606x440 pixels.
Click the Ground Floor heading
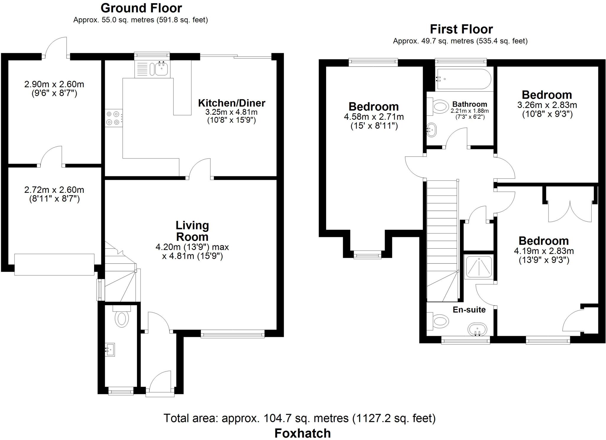(x=141, y=8)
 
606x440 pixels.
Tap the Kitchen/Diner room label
(x=231, y=103)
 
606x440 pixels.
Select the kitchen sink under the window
(x=161, y=68)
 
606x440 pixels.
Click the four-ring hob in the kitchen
(x=113, y=118)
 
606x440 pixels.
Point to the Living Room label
(x=192, y=231)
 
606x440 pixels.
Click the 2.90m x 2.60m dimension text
(x=54, y=84)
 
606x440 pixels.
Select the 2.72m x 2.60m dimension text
(x=54, y=190)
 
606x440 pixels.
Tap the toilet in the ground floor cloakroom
(x=122, y=318)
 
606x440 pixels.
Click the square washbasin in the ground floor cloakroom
(x=110, y=350)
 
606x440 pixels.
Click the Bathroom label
(x=470, y=104)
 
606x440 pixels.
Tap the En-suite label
(x=469, y=310)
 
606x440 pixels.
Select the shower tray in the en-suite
(x=478, y=266)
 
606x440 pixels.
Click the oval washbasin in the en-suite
(x=477, y=329)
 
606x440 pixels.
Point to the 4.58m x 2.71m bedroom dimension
(x=374, y=117)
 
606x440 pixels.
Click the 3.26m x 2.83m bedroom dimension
(x=547, y=105)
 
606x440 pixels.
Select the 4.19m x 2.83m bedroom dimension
(x=544, y=251)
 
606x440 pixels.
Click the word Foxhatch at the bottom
(x=302, y=433)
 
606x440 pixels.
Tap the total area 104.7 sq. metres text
(x=299, y=418)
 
